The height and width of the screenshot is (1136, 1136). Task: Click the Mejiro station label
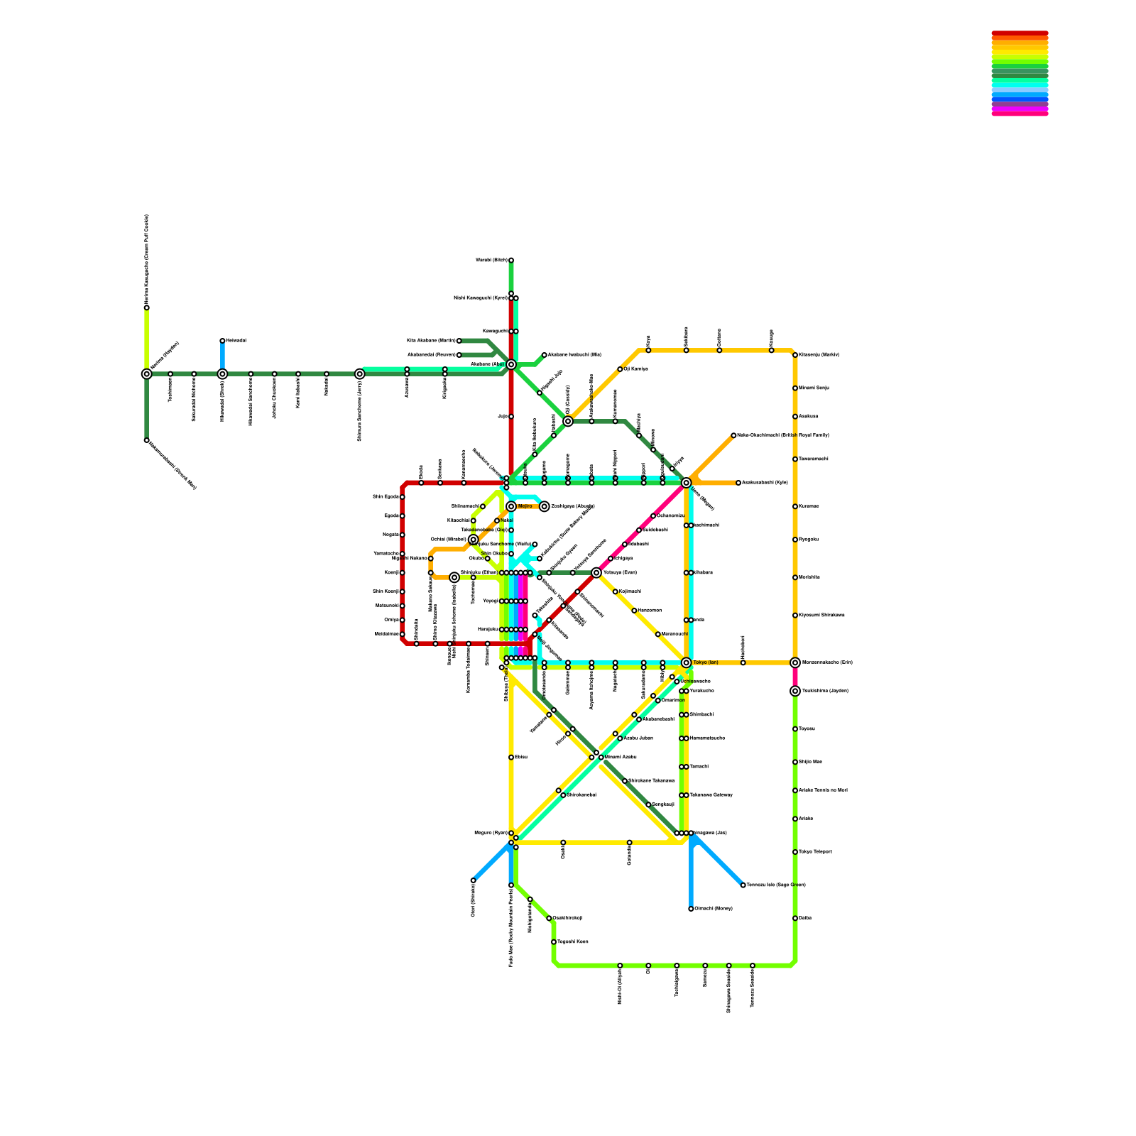tap(525, 506)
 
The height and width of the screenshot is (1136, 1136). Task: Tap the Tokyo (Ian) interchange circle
tap(686, 662)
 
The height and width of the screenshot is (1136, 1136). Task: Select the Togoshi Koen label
tap(572, 942)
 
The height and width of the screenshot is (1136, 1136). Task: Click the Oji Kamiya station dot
tap(620, 369)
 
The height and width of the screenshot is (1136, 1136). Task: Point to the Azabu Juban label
tap(638, 738)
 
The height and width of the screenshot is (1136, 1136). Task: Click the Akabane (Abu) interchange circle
tap(510, 364)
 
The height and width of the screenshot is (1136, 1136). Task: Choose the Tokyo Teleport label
tap(815, 852)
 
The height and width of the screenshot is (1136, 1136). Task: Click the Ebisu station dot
tap(510, 758)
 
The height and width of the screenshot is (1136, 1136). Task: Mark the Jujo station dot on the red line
tap(510, 417)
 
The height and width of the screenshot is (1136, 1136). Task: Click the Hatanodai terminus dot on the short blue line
tap(222, 341)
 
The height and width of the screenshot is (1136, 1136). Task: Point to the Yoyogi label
tap(491, 601)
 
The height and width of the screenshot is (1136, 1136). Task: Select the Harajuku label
tap(488, 630)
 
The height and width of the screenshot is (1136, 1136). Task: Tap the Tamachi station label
tap(699, 767)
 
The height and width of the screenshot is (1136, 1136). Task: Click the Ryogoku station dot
tap(795, 540)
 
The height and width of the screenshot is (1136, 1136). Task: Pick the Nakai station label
tap(507, 520)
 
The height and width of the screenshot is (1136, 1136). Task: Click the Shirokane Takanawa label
tap(652, 781)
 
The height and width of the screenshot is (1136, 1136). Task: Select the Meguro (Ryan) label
tap(491, 833)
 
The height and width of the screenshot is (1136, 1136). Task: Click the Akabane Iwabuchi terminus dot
tap(544, 355)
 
